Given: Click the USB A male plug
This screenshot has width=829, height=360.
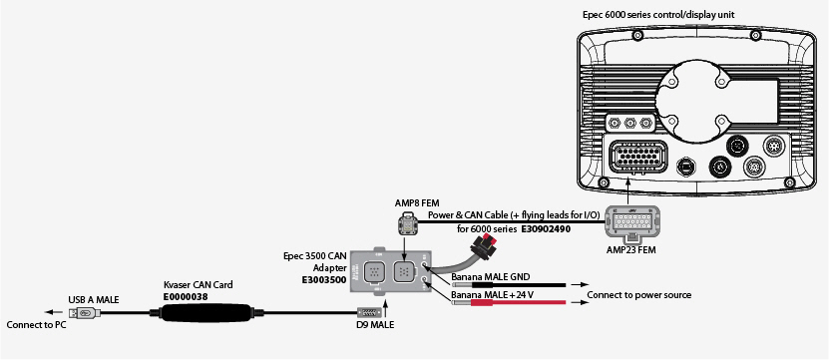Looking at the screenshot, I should [x=85, y=313].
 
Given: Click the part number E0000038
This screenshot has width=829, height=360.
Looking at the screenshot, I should [x=186, y=296].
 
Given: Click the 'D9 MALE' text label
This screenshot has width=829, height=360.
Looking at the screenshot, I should [x=375, y=325].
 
